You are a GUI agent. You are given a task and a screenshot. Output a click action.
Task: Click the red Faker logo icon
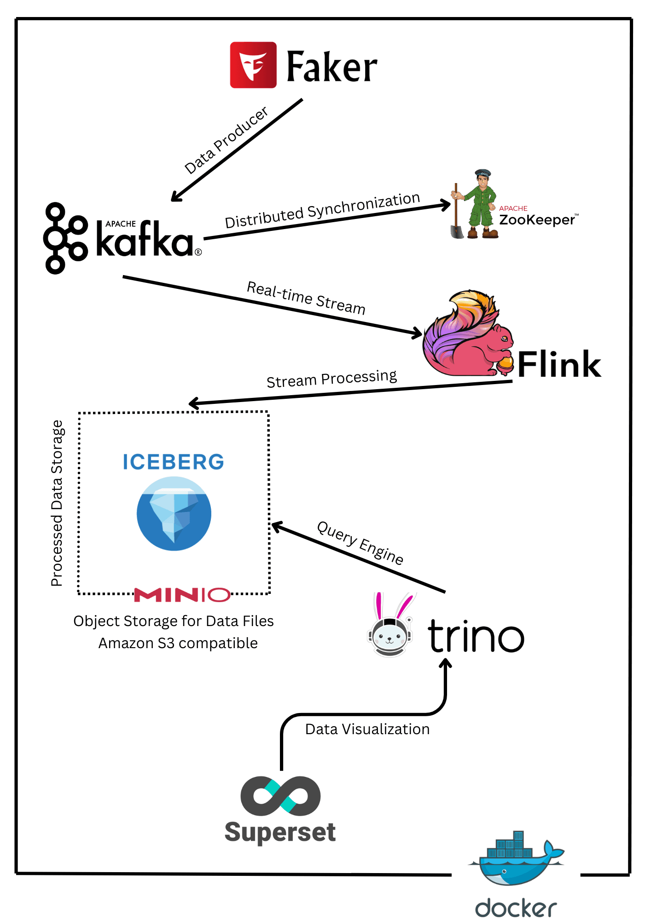point(253,65)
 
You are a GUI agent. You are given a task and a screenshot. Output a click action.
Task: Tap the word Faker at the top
point(331,67)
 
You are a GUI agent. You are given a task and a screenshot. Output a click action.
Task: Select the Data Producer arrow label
point(226,140)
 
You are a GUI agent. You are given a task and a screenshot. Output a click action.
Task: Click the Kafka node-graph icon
point(65,238)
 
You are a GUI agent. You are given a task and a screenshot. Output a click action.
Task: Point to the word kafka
point(145,239)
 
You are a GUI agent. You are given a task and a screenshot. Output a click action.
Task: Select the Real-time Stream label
point(306,298)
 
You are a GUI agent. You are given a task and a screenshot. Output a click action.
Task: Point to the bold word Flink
point(559,364)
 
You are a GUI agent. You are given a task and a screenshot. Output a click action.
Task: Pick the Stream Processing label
point(331,379)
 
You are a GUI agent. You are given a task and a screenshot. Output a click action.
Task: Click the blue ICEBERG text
point(173,462)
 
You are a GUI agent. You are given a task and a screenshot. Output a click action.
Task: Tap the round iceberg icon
point(174,513)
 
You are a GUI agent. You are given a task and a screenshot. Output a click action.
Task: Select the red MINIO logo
point(182,595)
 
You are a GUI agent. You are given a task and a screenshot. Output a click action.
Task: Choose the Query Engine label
point(360,543)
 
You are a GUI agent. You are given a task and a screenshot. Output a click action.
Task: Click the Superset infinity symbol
point(280,795)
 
